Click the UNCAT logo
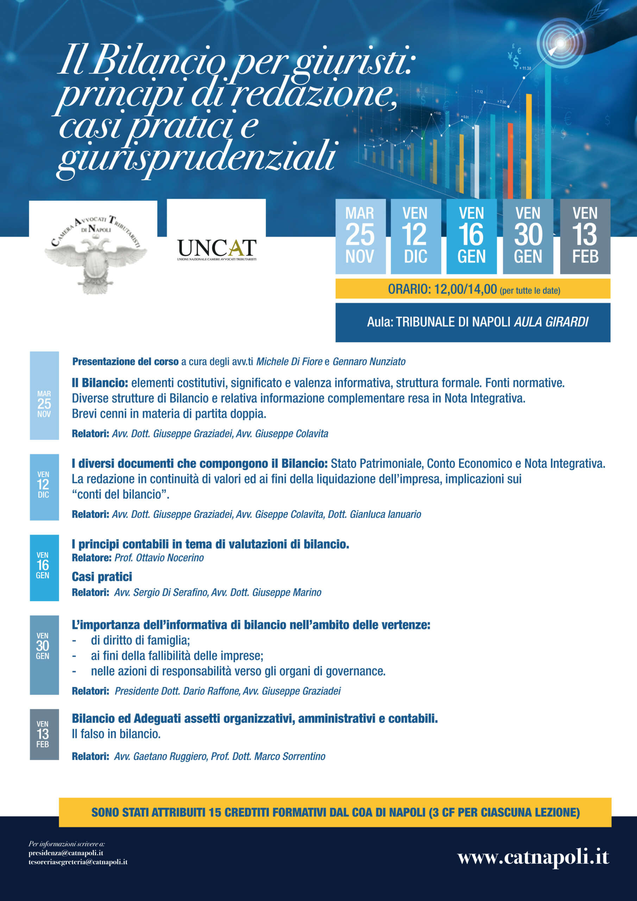217,250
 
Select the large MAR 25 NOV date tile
360,236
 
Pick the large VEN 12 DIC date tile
416,236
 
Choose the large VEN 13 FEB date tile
585,236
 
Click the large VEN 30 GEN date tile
528,236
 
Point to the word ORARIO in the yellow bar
409,289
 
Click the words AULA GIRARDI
551,322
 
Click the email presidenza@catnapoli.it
66,853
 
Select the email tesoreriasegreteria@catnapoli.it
78,862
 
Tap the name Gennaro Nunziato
369,361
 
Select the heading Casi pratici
102,576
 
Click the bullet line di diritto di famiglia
140,641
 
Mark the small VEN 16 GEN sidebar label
43,566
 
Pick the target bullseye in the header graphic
561,43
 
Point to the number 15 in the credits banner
215,812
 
